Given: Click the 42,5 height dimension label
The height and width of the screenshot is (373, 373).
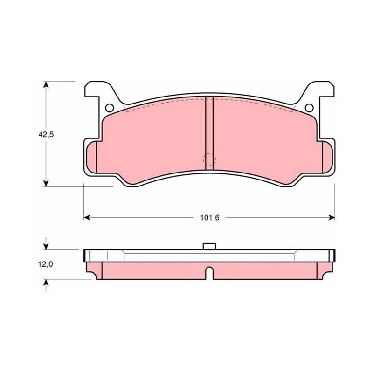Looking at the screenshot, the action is pyautogui.click(x=46, y=135).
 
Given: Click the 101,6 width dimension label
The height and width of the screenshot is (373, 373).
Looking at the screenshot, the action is pyautogui.click(x=209, y=218).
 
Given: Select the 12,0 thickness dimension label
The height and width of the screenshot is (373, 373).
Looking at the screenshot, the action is pyautogui.click(x=45, y=264).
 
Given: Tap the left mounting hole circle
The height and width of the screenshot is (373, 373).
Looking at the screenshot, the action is pyautogui.click(x=110, y=108).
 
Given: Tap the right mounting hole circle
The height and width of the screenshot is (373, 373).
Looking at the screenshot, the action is pyautogui.click(x=309, y=108).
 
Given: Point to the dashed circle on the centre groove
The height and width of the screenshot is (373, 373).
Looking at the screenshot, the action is pyautogui.click(x=209, y=159).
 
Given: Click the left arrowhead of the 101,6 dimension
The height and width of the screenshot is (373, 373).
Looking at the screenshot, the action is pyautogui.click(x=87, y=217).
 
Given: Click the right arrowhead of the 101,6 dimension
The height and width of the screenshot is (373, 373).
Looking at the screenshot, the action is pyautogui.click(x=332, y=217).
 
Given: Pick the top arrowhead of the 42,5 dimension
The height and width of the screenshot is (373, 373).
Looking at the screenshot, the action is pyautogui.click(x=46, y=85).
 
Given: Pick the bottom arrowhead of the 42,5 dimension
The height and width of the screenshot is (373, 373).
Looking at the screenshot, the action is pyautogui.click(x=46, y=183).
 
